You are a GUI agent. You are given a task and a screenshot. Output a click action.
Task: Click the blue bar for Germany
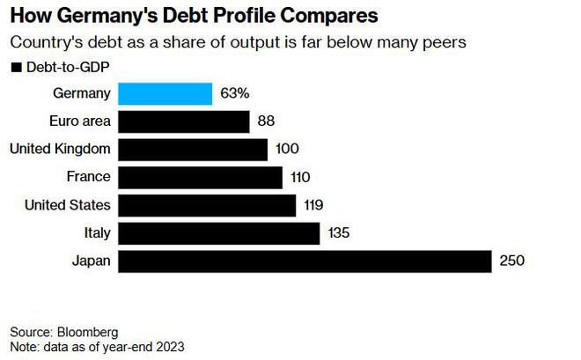pos(165,93)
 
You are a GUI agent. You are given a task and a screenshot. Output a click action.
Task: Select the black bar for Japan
pos(304,261)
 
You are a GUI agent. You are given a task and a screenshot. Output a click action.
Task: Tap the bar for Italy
pos(218,233)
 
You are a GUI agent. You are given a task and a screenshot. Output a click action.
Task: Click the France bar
pos(200,177)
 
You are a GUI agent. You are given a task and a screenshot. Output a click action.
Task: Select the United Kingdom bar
pos(192,149)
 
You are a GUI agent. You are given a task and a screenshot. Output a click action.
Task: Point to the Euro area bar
pos(184,121)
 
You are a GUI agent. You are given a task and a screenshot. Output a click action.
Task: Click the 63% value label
pos(236,93)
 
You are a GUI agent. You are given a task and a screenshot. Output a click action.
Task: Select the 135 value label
pos(341,233)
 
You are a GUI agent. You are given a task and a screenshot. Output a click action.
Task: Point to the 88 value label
pos(267,121)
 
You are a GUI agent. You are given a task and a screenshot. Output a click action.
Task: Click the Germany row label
pos(82,93)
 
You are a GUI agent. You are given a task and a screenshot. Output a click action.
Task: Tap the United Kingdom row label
pos(60,149)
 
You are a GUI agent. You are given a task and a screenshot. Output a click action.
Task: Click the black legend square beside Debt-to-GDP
pos(14,67)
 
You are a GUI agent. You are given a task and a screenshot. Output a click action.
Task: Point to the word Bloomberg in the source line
pos(87,332)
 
